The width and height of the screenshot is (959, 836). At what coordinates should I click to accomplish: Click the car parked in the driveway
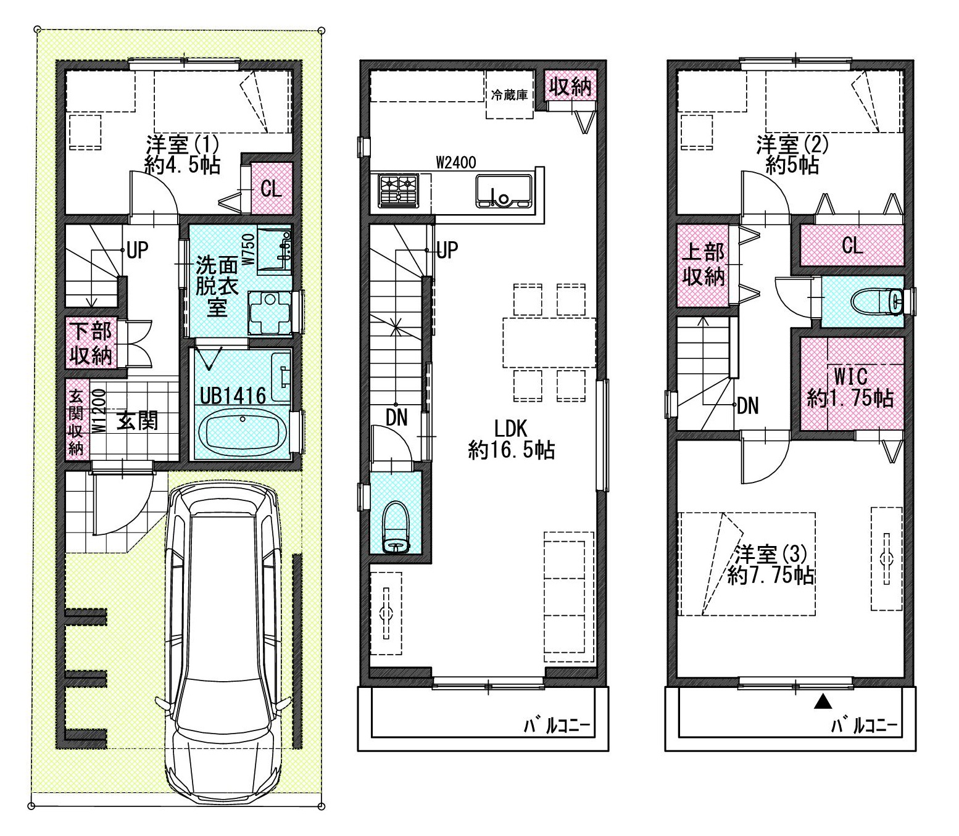[x=223, y=642]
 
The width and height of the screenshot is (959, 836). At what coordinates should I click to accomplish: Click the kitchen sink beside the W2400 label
[x=504, y=191]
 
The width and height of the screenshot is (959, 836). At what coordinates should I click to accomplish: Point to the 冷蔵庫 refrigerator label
[x=509, y=95]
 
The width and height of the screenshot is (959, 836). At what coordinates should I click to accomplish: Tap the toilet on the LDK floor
[x=396, y=527]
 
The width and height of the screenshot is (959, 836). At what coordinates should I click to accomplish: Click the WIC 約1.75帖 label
[x=850, y=387]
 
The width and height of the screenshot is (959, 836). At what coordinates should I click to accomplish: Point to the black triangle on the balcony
[x=823, y=701]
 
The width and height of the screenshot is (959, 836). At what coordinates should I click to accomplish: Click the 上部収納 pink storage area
[x=703, y=266]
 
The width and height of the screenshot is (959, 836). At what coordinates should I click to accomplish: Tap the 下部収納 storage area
[x=91, y=343]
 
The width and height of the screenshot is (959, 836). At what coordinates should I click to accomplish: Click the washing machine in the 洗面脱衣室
[x=270, y=313]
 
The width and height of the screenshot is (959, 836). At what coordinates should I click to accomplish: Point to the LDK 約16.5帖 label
[x=511, y=439]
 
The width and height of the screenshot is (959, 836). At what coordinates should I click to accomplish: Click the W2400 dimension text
[x=455, y=163]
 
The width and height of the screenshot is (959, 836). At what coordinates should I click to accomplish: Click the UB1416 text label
[x=233, y=397]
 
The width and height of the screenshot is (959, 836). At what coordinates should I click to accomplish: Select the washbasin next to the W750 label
[x=274, y=250]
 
